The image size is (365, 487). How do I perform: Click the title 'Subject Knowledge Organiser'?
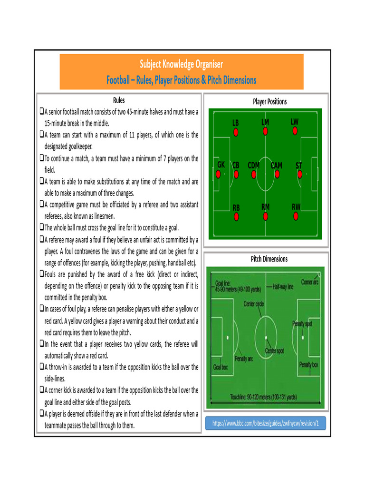pos(181,64)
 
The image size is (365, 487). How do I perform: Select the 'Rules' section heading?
pos(119,100)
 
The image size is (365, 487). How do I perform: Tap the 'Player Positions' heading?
pos(269,101)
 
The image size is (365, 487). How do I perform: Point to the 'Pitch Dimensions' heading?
pos(269,259)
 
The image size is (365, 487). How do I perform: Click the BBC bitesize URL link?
pos(265,423)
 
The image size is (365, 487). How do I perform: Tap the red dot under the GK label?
pos(218,174)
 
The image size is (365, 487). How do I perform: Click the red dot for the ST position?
pos(299,174)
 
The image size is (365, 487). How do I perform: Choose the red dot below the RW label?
pos(296,216)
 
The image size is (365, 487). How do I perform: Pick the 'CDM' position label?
pos(253,166)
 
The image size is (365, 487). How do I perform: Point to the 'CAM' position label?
pos(276,166)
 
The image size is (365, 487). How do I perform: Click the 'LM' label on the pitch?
pos(265,122)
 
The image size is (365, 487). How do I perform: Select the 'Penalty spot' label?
pos(305,323)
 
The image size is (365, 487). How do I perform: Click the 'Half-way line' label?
pos(283,287)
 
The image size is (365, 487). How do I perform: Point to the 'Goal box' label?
pos(221,367)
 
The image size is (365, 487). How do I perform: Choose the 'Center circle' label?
pos(254,304)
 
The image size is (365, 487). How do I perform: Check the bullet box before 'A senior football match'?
pos(41,113)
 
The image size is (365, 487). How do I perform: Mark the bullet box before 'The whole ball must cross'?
pos(41,227)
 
